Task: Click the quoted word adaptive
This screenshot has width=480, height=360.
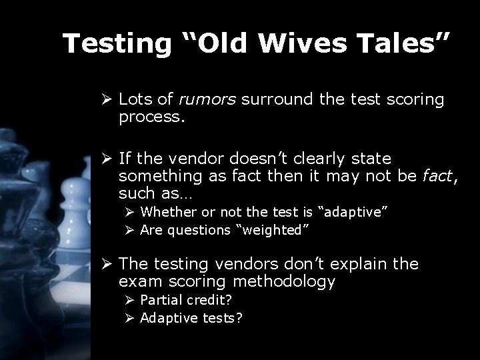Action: [354, 212]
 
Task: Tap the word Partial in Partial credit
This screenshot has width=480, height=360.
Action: [160, 300]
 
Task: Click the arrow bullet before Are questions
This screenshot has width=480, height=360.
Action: [131, 230]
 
